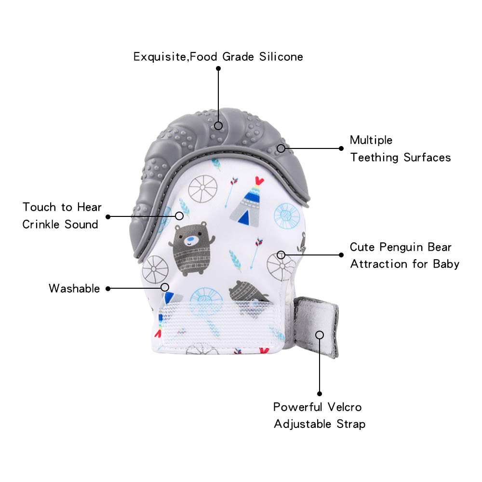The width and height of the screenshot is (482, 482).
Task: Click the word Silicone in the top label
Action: pyautogui.click(x=281, y=57)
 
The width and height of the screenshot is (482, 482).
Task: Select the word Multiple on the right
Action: pyautogui.click(x=371, y=140)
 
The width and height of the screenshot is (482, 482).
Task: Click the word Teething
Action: pyautogui.click(x=374, y=158)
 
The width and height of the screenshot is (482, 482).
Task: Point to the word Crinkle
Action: pyautogui.click(x=41, y=225)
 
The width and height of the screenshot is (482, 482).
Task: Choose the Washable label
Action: pyautogui.click(x=74, y=288)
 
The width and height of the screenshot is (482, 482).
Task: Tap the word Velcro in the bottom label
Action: pyautogui.click(x=344, y=407)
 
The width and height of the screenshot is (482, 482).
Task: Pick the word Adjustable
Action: pyautogui.click(x=303, y=424)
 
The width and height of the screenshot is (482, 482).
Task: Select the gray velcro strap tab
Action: pyautogui.click(x=316, y=327)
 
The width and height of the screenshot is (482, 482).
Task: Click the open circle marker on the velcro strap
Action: pyautogui.click(x=320, y=335)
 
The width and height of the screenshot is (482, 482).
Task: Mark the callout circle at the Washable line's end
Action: pyautogui.click(x=165, y=287)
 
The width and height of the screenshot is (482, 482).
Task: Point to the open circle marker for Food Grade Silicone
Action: pyautogui.click(x=218, y=126)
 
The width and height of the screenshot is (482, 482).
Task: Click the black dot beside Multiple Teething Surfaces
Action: pyautogui.click(x=341, y=148)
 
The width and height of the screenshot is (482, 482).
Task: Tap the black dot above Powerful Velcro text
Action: pyautogui.click(x=320, y=394)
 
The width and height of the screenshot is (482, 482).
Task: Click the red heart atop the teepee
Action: pyautogui.click(x=259, y=180)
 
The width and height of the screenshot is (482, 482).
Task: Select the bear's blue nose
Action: pyautogui.click(x=191, y=239)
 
